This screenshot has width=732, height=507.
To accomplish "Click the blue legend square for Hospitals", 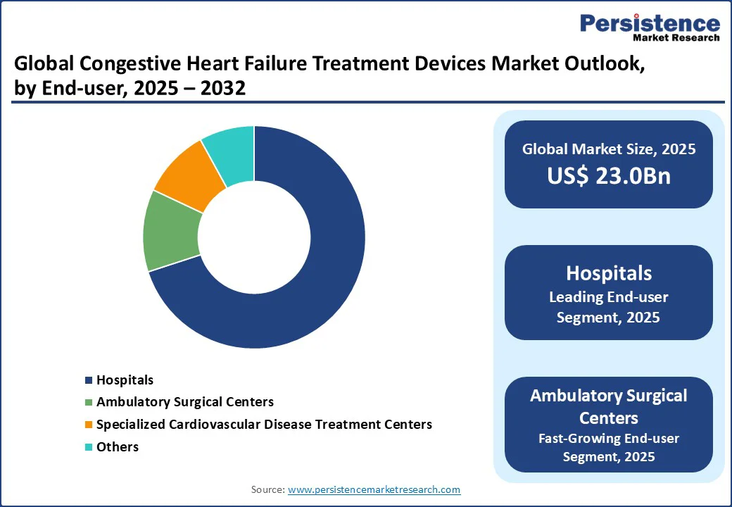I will click(x=89, y=381).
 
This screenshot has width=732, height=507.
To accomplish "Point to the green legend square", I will click(x=89, y=403).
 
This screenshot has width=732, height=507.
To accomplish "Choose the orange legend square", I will click(x=89, y=425).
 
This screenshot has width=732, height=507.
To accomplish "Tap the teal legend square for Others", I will click(x=89, y=447).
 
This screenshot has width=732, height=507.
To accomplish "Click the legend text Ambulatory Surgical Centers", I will click(x=185, y=402).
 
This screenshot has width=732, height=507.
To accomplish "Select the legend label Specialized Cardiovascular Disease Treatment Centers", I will click(x=264, y=425).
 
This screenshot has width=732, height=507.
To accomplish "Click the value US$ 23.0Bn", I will click(x=609, y=176).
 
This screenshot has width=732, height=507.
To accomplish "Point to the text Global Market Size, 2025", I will click(x=609, y=149).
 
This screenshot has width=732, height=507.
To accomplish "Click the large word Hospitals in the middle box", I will click(x=609, y=273).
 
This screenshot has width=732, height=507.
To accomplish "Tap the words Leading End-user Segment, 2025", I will click(x=609, y=307).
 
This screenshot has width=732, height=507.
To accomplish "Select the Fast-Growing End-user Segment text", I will click(x=609, y=447).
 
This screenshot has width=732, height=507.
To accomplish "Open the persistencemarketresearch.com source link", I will click(x=374, y=489).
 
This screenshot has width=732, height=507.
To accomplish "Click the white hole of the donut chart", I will click(x=254, y=237).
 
